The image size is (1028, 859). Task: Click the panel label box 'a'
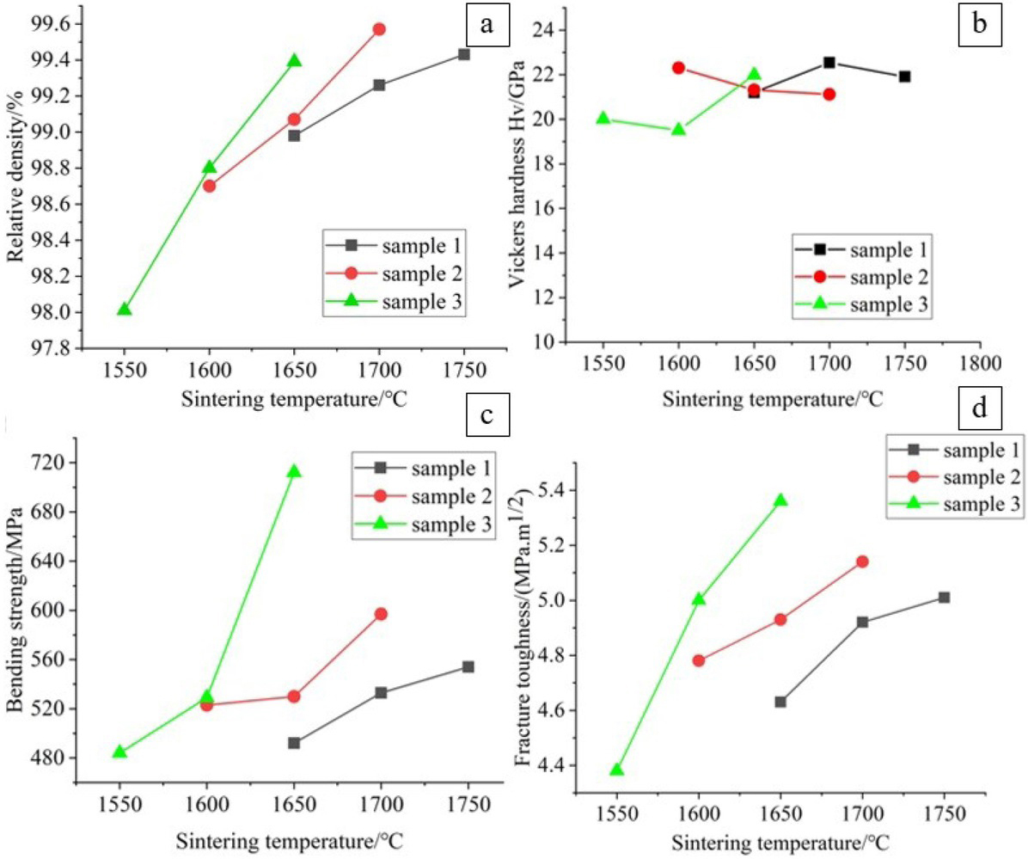pyautogui.click(x=486, y=24)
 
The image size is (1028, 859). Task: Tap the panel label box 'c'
pyautogui.click(x=486, y=416)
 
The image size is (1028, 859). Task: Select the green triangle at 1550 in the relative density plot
pyautogui.click(x=125, y=310)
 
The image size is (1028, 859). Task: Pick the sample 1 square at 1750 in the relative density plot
pyautogui.click(x=464, y=54)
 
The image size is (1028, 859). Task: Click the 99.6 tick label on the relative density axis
pyautogui.click(x=49, y=24)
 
